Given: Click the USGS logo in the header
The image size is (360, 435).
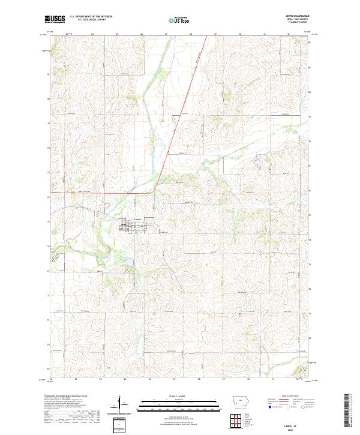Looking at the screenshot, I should tap(55, 19).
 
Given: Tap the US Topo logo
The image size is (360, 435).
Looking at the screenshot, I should tap(173, 20).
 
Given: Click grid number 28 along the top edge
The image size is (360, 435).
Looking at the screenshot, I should tap(191, 35).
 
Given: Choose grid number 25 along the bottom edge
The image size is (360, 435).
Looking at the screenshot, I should tap(125, 380).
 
